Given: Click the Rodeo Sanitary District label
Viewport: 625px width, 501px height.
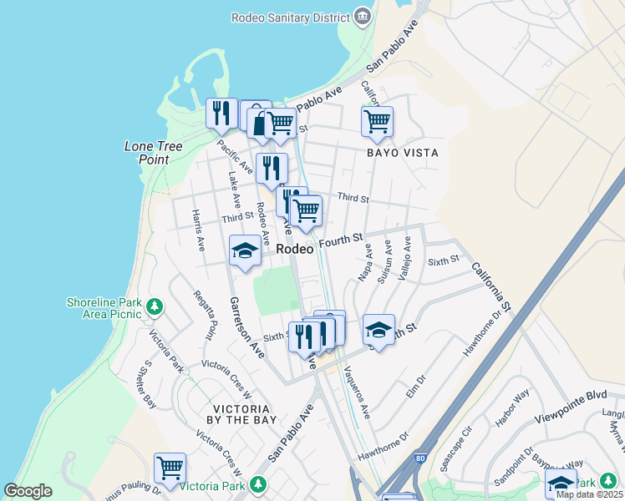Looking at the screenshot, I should coord(289,17).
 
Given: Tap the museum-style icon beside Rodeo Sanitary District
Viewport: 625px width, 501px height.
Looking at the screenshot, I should coord(362,16).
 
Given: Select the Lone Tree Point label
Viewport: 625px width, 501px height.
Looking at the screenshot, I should coord(154,153).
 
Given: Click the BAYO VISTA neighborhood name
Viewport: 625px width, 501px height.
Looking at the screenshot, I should coord(403,153).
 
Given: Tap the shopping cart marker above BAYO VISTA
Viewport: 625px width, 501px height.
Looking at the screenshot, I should coord(377,121).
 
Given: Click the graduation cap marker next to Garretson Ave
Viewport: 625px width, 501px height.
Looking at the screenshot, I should coord(245,250).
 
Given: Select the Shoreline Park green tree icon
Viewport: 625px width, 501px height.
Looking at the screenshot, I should coord(154,307).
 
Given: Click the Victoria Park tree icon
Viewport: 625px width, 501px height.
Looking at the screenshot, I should coord(258,483).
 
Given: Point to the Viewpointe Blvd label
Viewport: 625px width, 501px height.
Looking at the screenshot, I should coord(572,395).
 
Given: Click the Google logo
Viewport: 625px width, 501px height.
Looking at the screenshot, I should coord(28,492).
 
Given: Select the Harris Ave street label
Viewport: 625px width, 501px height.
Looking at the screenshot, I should coord(198,230).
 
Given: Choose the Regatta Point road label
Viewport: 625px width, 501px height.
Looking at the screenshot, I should coord(204,315).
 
